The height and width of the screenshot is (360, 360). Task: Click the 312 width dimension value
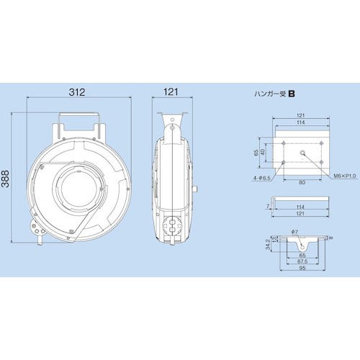(77, 92)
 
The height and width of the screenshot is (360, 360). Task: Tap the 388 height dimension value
(5, 179)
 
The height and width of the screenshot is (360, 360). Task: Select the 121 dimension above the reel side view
(171, 92)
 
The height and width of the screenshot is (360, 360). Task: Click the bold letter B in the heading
(292, 94)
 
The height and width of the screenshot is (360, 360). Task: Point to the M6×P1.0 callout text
(345, 176)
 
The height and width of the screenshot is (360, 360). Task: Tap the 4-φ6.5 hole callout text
(262, 178)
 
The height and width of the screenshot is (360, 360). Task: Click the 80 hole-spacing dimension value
(302, 182)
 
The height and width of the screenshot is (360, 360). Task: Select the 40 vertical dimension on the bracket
(263, 152)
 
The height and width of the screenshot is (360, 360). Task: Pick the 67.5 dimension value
(302, 261)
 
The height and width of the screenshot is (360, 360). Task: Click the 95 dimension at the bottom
(302, 268)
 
